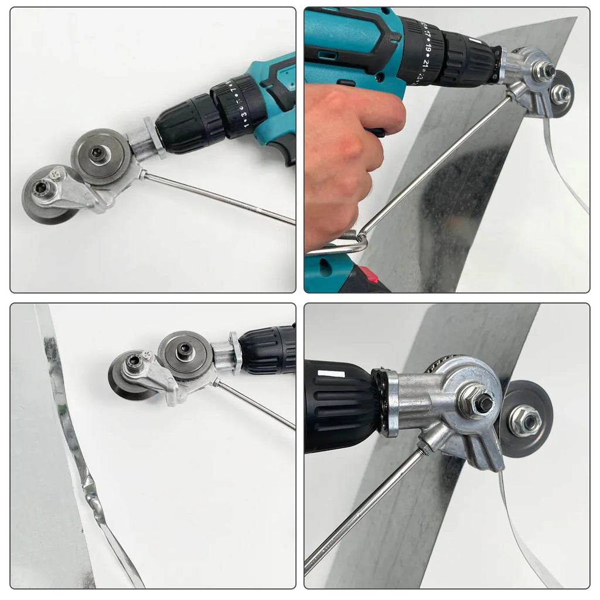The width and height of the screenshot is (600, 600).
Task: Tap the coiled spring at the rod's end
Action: (350, 235)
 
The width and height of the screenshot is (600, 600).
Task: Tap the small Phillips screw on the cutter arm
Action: (57, 174)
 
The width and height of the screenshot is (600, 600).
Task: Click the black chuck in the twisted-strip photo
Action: (267, 350)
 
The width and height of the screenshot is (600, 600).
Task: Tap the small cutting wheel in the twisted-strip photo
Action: (132, 378)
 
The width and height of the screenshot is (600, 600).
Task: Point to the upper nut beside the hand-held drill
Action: (544, 71)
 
